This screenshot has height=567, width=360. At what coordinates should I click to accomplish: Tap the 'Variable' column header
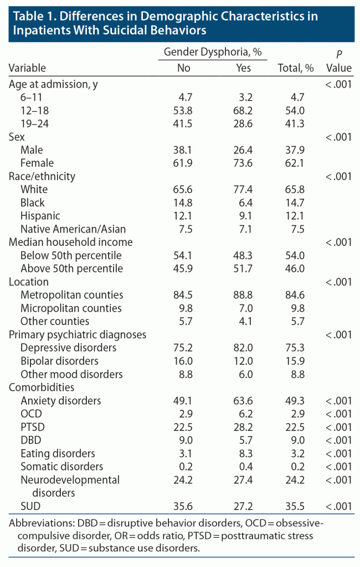(27, 68)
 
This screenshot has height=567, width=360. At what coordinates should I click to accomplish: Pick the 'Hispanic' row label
(40, 216)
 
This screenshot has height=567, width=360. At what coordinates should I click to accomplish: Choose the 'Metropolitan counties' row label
(72, 295)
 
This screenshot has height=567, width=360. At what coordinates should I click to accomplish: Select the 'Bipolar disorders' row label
(59, 361)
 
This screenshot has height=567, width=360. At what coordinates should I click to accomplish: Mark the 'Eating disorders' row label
(58, 453)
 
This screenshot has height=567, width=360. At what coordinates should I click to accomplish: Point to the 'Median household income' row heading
(70, 242)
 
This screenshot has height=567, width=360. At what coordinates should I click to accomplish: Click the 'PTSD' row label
(33, 427)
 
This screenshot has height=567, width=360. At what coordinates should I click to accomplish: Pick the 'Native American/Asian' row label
(73, 229)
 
